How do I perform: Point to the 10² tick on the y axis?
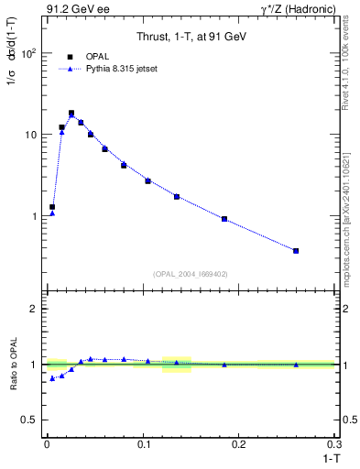(30, 53)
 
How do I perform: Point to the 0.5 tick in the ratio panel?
(31, 420)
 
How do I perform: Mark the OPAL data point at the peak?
(71, 114)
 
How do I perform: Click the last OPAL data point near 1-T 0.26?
(296, 250)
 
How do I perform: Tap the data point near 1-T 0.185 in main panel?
(224, 219)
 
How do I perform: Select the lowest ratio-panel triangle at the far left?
(52, 378)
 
